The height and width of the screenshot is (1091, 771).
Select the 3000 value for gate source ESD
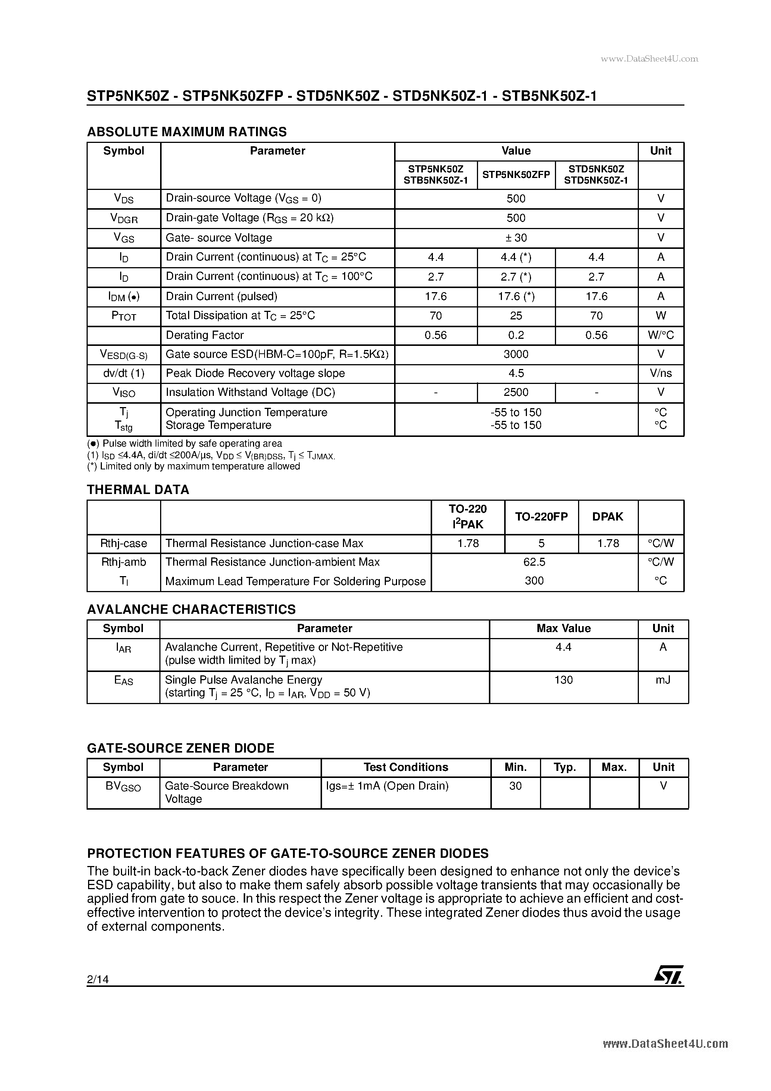coord(516,354)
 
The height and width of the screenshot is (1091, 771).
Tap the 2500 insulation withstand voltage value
coord(516,392)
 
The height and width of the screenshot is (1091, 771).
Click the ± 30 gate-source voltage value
coord(516,238)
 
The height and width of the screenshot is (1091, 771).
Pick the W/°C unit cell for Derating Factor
coord(660,335)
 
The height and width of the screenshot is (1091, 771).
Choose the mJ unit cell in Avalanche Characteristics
coord(663,679)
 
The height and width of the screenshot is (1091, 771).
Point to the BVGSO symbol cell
coord(123,787)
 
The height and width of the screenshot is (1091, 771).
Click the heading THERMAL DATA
coord(138,490)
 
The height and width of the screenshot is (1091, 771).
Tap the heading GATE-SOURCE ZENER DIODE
coord(181,748)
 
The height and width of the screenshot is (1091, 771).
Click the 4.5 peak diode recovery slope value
coord(516,373)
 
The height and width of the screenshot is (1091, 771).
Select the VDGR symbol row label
coord(124,218)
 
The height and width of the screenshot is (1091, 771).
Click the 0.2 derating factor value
coord(516,335)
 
